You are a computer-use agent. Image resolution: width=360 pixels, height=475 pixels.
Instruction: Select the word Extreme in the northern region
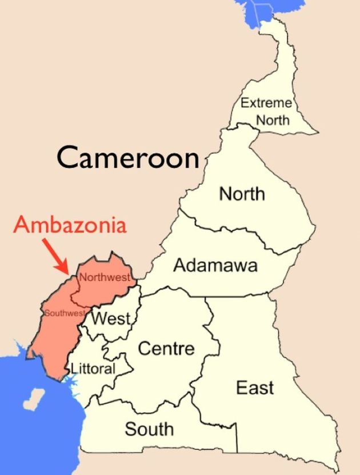(266, 103)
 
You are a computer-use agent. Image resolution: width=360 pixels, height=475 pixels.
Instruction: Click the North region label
(242, 194)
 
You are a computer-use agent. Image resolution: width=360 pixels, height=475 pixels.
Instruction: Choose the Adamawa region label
(215, 265)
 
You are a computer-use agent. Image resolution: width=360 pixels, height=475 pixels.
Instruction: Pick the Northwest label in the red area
(105, 278)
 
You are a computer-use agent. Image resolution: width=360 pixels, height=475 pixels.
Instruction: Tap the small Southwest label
(65, 313)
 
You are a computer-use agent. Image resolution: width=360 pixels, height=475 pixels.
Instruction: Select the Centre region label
(167, 348)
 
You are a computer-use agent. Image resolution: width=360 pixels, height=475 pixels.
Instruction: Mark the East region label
(255, 388)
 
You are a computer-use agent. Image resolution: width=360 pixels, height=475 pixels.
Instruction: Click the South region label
(149, 429)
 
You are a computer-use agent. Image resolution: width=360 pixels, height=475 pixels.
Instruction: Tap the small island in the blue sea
(36, 396)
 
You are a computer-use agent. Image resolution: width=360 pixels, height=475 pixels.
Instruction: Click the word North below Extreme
(273, 120)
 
